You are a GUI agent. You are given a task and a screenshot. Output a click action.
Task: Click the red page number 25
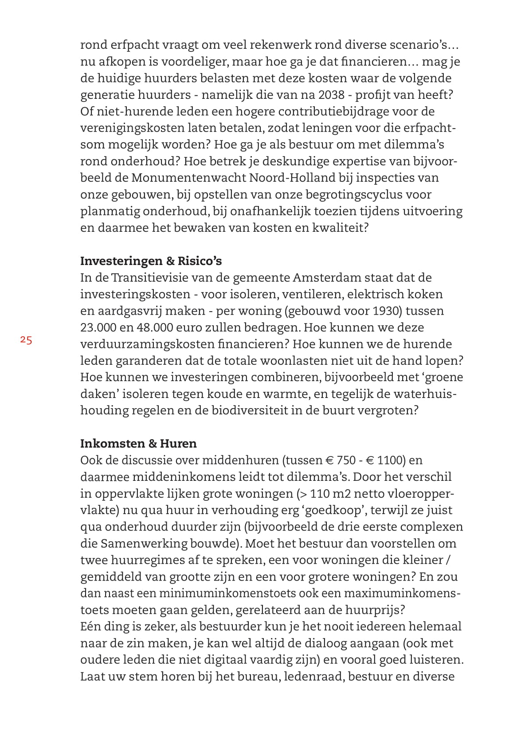click(x=26, y=340)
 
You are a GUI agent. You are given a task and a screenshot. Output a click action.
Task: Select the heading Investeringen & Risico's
click(x=151, y=261)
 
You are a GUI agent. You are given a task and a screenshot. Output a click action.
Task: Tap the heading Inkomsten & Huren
click(x=138, y=444)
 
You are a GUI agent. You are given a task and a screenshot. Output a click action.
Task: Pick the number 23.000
click(x=98, y=328)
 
